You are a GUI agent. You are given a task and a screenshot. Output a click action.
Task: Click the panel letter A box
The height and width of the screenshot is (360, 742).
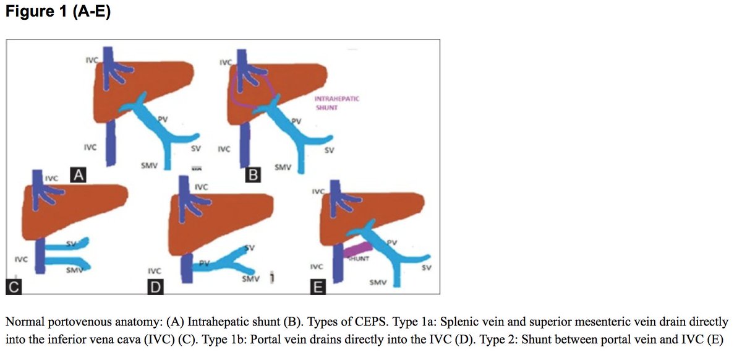pos(77,176)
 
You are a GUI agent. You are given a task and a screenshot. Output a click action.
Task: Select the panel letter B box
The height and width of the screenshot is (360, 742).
pos(252,176)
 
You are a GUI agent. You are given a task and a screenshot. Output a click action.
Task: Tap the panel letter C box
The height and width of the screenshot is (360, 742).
pos(14,286)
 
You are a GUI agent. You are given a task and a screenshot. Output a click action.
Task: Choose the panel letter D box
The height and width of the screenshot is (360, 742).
pos(155,287)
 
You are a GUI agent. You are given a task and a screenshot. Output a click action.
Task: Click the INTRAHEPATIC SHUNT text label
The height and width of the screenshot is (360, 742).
pos(336,103)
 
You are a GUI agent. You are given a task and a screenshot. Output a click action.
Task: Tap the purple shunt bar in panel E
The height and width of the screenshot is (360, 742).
pos(355,251)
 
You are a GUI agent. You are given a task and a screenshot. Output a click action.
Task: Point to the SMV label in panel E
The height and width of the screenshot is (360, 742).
pos(377,282)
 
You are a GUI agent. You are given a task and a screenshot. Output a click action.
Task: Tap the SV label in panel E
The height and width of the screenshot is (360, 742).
pos(427,267)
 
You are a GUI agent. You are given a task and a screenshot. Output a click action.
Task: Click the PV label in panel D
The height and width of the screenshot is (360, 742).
pos(205,264)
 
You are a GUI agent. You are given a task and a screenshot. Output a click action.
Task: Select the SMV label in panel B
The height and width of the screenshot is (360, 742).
pos(283,167)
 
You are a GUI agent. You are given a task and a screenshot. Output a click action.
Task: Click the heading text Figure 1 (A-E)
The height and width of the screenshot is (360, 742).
pos(58,12)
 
